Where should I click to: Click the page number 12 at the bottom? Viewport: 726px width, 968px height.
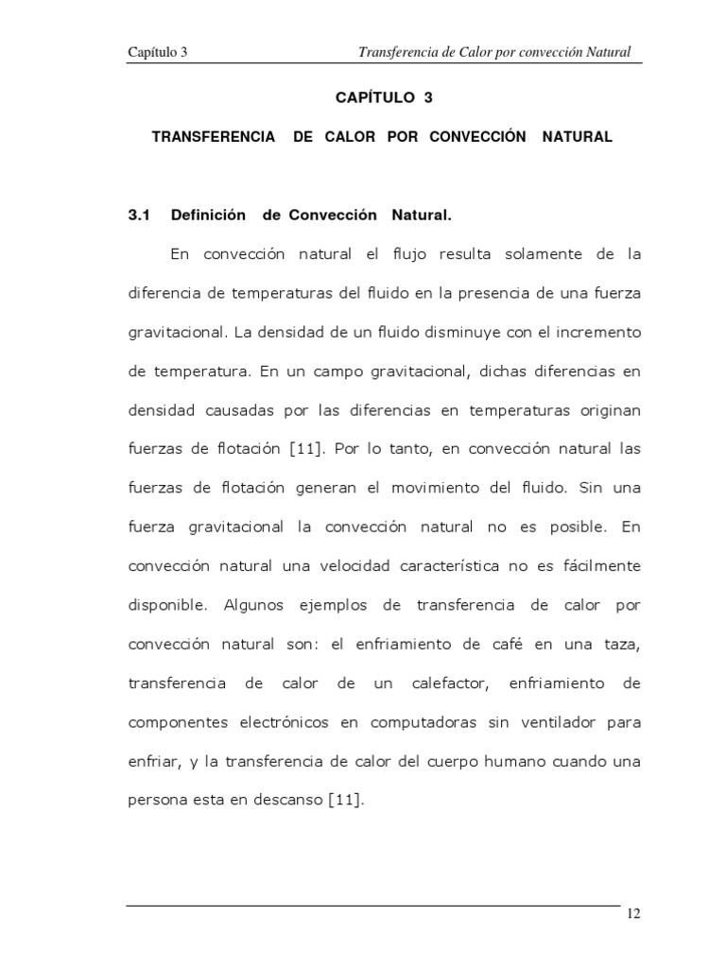(632, 913)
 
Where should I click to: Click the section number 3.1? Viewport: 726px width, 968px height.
(140, 216)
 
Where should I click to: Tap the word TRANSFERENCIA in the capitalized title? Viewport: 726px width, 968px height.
(214, 137)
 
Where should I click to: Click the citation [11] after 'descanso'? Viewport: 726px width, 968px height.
(345, 800)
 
